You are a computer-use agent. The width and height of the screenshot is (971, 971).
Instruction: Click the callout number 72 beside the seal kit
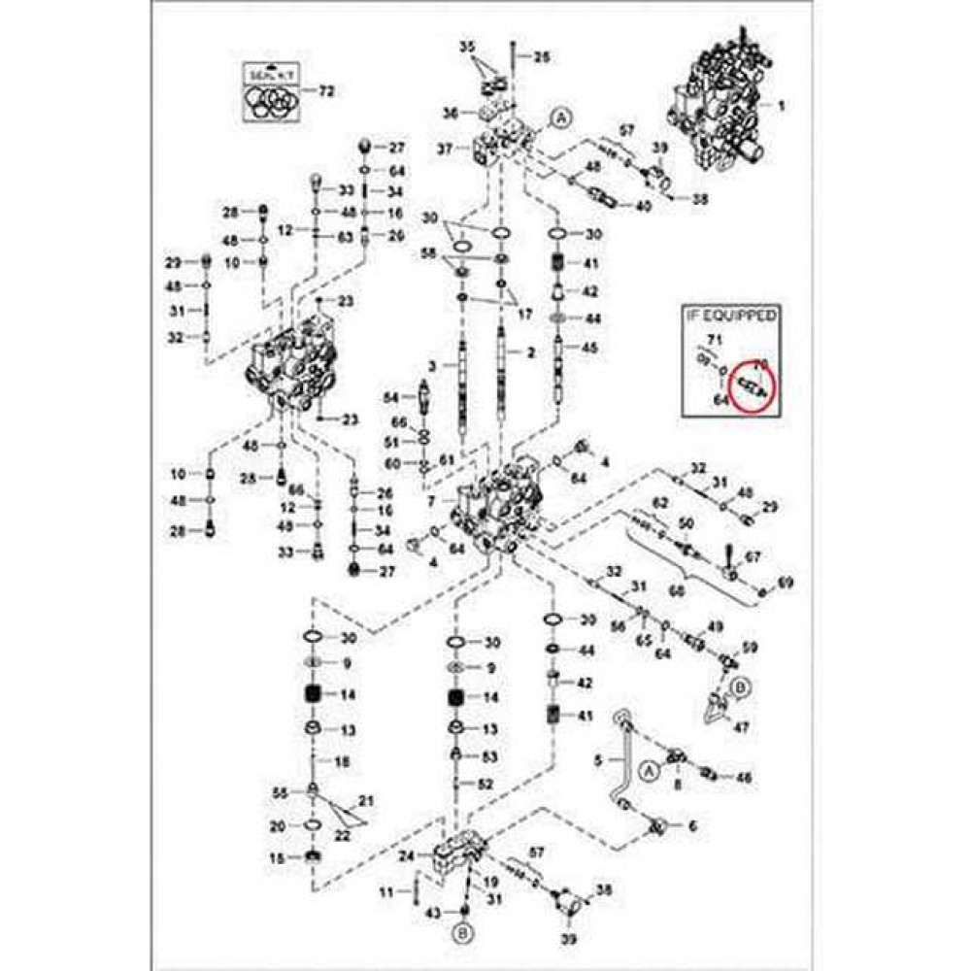click(326, 90)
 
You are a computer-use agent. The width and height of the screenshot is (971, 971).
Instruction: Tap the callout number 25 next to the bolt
click(541, 57)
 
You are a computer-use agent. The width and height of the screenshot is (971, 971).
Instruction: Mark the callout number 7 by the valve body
click(430, 499)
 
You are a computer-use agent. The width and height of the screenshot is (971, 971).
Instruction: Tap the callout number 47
click(743, 726)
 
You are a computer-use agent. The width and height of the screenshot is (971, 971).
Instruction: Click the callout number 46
click(744, 778)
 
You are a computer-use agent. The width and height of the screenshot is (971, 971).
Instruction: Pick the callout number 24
click(405, 855)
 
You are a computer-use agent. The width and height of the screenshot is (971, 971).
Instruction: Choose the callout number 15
click(277, 857)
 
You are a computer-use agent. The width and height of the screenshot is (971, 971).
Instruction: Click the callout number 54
click(390, 397)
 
